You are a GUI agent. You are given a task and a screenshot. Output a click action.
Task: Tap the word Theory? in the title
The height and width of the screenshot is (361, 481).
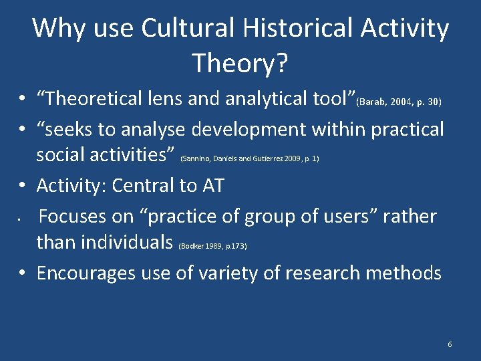coord(240,64)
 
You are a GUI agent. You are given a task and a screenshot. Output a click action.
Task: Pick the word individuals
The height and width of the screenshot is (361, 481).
coord(104,241)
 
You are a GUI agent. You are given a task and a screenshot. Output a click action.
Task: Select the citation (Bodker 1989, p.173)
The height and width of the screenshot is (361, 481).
coord(212,247)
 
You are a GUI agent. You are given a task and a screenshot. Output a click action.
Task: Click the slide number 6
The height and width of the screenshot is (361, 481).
coord(450,344)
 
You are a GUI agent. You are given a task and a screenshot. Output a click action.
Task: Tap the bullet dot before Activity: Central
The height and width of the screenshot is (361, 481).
coord(23,187)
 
